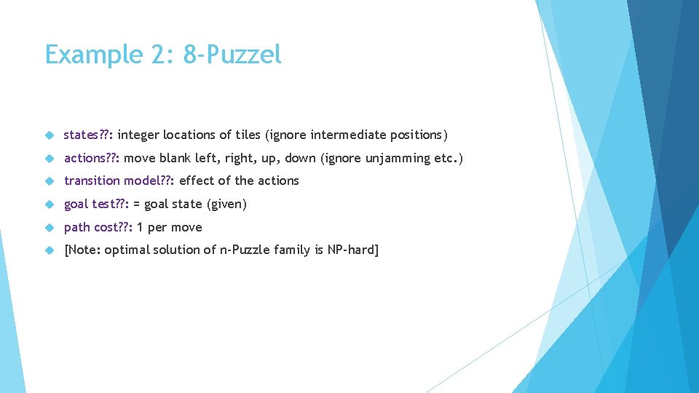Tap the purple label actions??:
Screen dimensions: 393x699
(x=92, y=158)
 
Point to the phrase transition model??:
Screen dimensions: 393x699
(x=119, y=180)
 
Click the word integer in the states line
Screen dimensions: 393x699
(x=138, y=135)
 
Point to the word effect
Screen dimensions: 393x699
(x=197, y=180)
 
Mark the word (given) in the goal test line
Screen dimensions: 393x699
(x=227, y=205)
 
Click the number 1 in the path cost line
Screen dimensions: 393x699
(x=140, y=227)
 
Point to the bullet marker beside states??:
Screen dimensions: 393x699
(x=50, y=135)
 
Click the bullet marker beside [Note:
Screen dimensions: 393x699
(x=50, y=250)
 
